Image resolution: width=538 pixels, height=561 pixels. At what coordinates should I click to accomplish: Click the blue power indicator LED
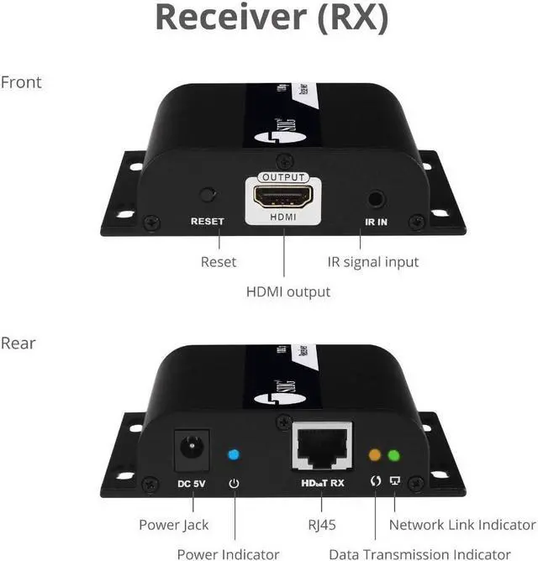[234, 455]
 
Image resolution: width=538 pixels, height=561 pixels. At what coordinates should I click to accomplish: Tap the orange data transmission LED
[375, 456]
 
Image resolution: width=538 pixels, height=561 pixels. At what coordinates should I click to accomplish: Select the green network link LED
[393, 456]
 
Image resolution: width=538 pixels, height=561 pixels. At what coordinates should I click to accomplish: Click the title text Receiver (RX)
[272, 18]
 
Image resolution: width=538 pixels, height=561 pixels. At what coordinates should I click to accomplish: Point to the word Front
[21, 82]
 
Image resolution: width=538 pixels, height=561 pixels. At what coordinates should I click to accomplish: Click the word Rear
[18, 343]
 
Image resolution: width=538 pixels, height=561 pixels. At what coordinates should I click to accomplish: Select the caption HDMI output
[287, 292]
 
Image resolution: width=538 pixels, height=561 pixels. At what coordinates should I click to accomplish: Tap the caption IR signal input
[372, 262]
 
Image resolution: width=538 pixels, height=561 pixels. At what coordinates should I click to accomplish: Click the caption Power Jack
[174, 525]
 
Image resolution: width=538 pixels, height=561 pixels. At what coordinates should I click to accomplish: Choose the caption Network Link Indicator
[462, 525]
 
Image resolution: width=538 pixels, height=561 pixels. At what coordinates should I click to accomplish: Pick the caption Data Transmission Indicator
[419, 553]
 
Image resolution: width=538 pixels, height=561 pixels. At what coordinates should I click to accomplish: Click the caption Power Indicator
[228, 553]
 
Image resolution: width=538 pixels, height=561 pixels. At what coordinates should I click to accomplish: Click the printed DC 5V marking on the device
[189, 484]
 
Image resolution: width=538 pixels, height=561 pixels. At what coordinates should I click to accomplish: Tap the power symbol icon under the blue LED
[234, 483]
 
